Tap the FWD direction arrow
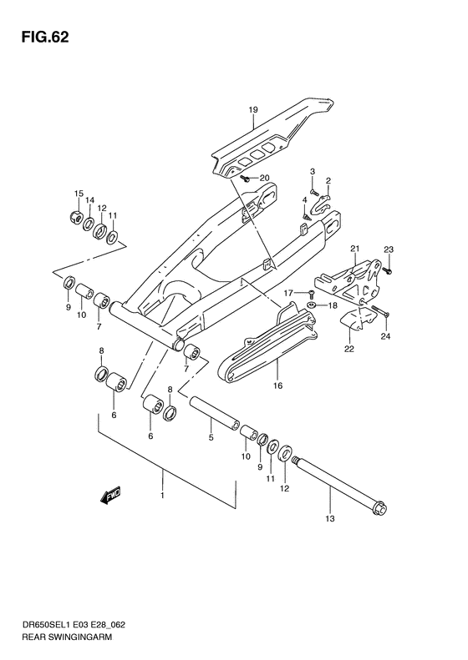(110, 498)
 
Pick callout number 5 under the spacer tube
(212, 436)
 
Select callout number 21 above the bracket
(354, 249)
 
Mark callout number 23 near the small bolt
(389, 249)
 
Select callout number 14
(90, 201)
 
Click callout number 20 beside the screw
(265, 178)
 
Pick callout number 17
(287, 293)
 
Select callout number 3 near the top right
(313, 171)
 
